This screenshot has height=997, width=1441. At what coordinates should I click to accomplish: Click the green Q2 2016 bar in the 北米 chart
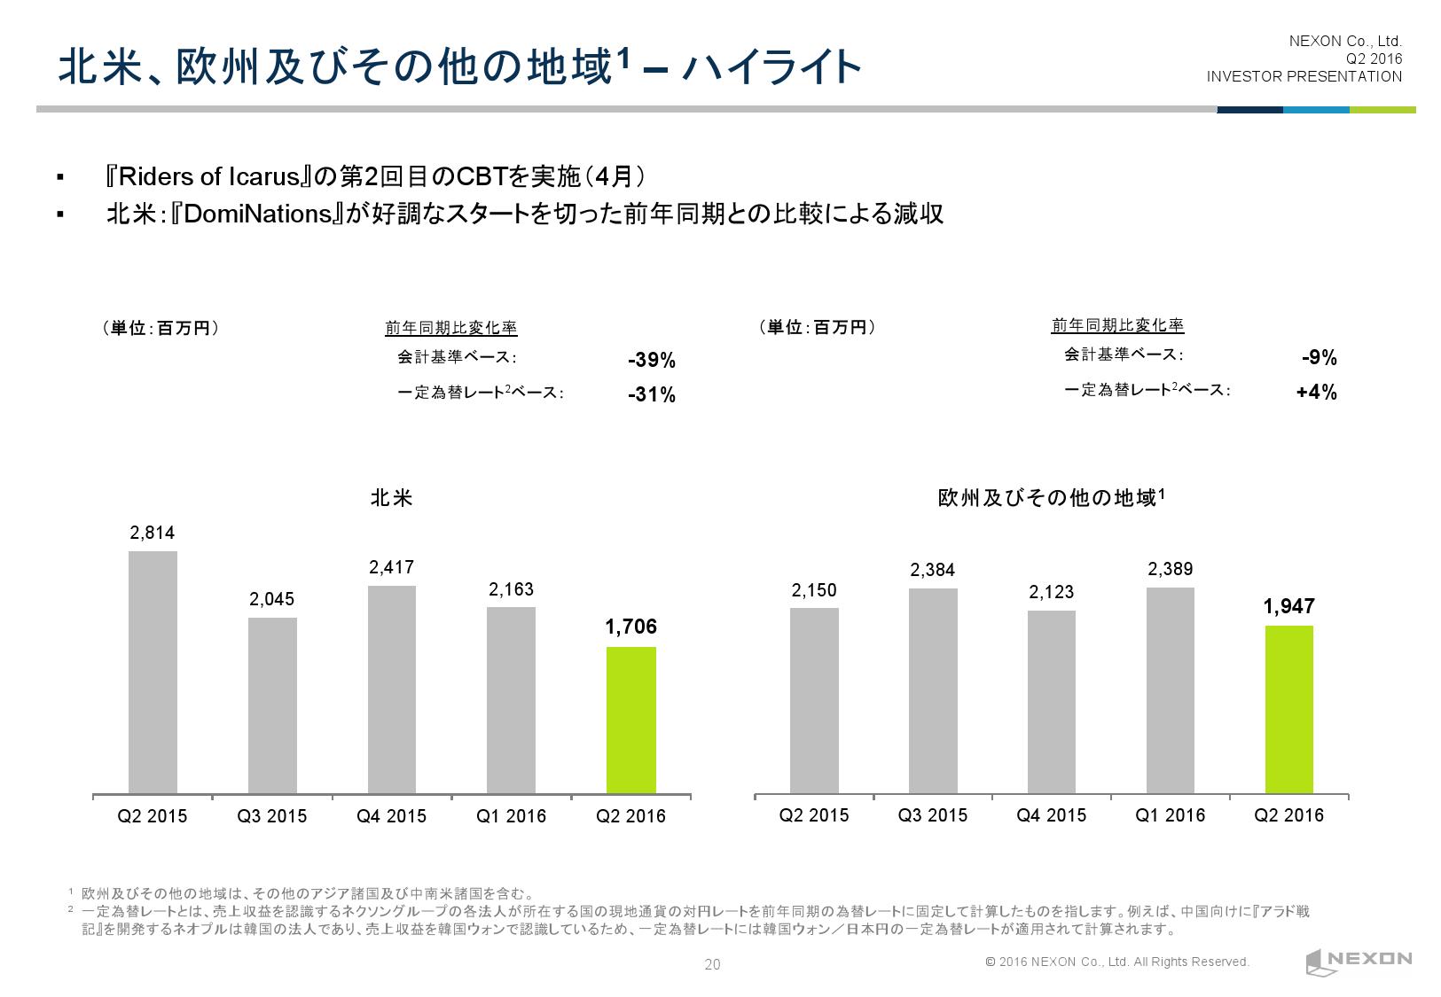click(630, 720)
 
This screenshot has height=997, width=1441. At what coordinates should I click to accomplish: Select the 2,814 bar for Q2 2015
click(153, 672)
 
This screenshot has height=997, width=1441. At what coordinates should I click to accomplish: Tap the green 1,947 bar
click(1288, 709)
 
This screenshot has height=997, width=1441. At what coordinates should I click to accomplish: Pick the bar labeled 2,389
click(1170, 690)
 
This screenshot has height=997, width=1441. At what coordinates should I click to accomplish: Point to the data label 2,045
click(271, 600)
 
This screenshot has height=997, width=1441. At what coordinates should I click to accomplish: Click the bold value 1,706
click(630, 627)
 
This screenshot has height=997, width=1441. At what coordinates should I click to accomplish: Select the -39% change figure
click(651, 361)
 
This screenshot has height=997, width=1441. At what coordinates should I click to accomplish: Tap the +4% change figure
click(1316, 393)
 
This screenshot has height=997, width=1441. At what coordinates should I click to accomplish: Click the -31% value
click(651, 395)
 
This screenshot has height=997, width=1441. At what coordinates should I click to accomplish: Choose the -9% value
click(1319, 358)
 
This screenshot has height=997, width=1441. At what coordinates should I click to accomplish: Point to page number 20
click(712, 965)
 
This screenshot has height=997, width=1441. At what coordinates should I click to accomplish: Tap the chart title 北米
click(391, 498)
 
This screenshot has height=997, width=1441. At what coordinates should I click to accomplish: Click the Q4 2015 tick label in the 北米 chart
click(391, 816)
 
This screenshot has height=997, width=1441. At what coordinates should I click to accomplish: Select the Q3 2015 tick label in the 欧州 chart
click(932, 815)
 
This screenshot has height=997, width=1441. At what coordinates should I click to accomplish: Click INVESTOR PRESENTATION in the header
click(1304, 76)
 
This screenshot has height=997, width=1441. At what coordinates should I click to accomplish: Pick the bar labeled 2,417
click(391, 689)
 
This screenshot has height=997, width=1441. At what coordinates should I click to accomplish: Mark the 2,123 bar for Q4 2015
click(1051, 701)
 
